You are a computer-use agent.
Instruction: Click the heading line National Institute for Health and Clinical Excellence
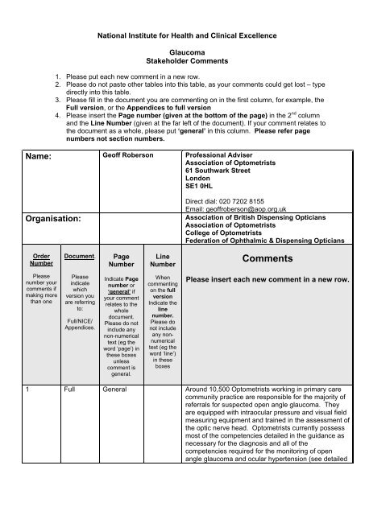[182, 38]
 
